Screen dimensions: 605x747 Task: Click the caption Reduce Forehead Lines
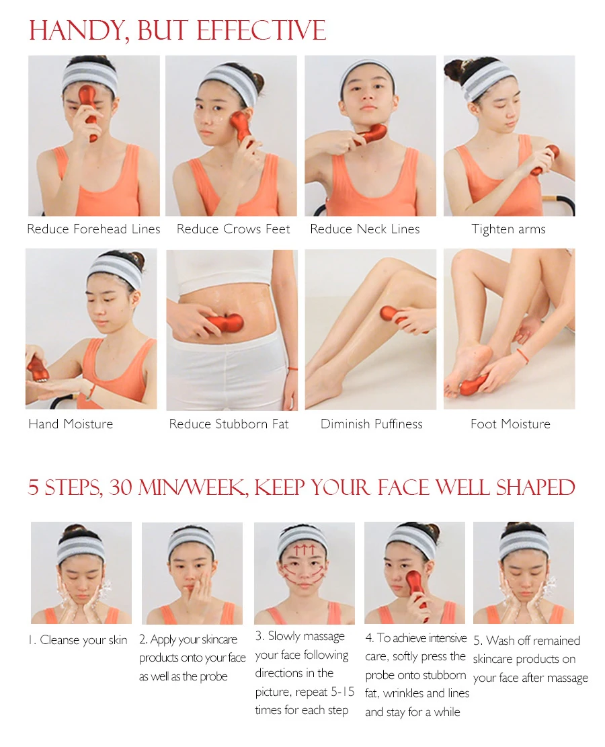[93, 229]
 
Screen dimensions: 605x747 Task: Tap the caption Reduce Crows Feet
[233, 229]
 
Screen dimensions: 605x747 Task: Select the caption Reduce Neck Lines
[365, 229]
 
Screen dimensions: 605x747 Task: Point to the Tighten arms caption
[508, 230]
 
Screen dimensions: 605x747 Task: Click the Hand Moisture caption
[71, 424]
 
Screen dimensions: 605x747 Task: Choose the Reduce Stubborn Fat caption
[229, 424]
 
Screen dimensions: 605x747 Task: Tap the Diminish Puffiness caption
[372, 424]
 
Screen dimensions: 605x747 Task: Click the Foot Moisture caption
[510, 424]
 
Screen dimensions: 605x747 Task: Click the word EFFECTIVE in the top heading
[261, 30]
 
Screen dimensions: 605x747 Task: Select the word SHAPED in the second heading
[536, 488]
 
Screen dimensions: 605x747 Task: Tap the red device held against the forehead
[89, 110]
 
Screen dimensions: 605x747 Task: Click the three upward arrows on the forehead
[304, 550]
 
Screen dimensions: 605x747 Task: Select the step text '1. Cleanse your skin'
[78, 640]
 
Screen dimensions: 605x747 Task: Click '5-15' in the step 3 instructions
[342, 691]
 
